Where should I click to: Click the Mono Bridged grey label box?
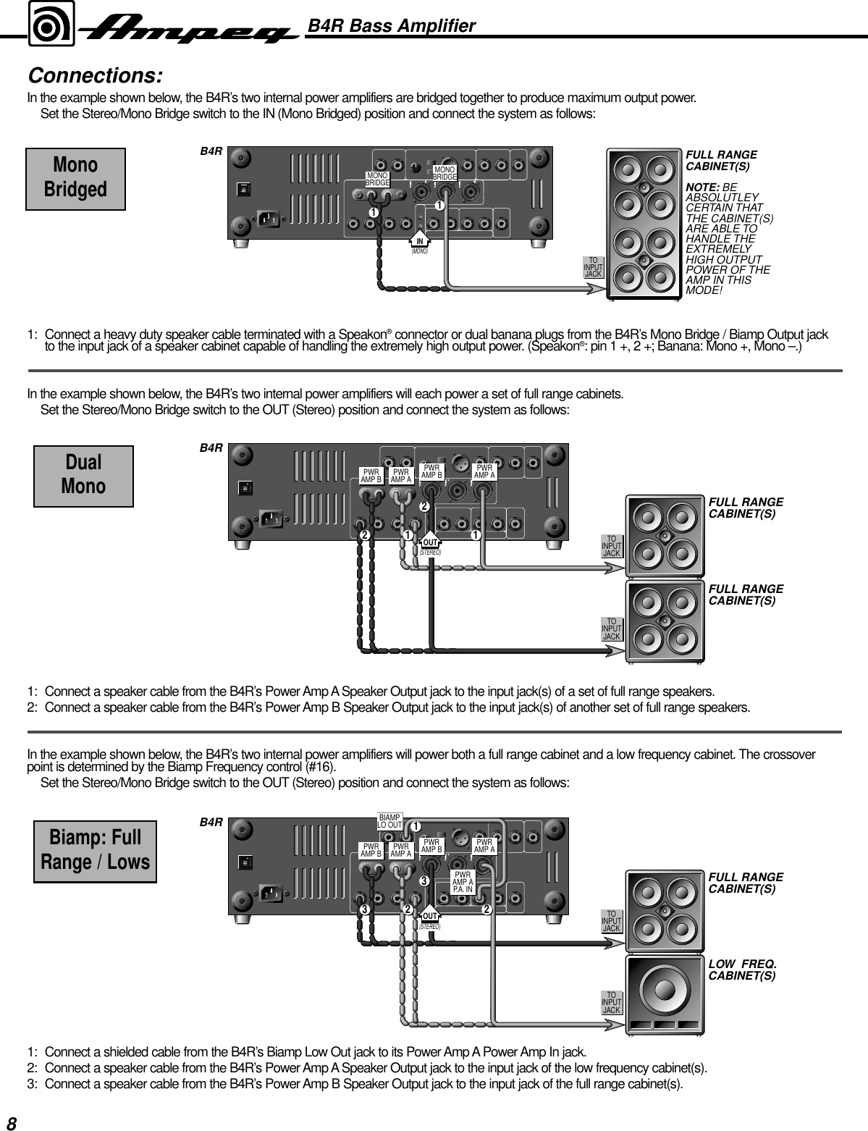(x=75, y=178)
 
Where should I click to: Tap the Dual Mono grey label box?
(x=83, y=475)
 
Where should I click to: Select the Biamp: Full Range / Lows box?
(x=95, y=851)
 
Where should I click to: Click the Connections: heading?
(x=95, y=76)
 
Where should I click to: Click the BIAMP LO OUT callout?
(x=390, y=820)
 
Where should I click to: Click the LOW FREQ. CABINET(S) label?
(x=742, y=970)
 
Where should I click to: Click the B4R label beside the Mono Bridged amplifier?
(x=211, y=152)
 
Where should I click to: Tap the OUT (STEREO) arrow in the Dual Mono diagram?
(x=431, y=543)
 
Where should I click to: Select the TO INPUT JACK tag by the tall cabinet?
(x=594, y=267)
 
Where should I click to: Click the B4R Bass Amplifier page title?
(x=392, y=26)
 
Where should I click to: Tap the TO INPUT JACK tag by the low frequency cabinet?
(x=612, y=1003)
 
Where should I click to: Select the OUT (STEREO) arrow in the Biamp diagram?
(x=431, y=917)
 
